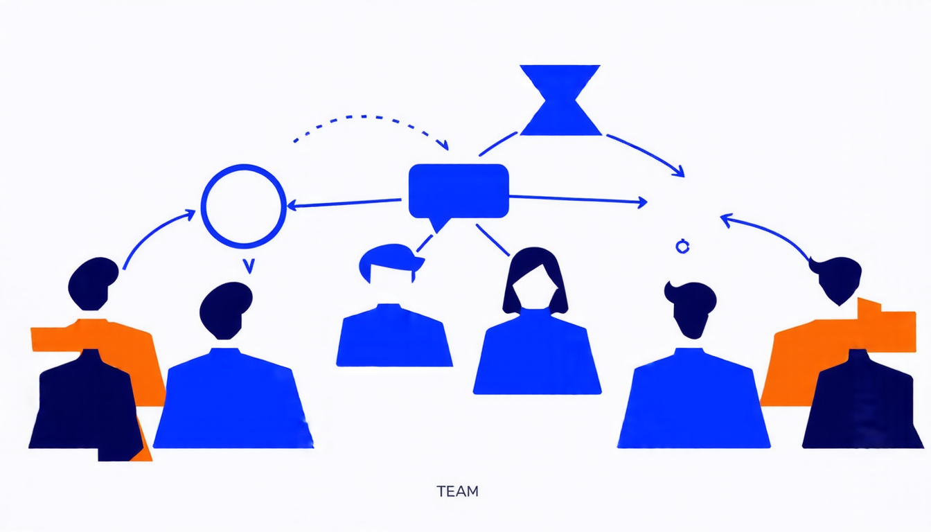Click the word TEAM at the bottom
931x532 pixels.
[457, 491]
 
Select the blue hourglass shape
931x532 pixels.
[560, 100]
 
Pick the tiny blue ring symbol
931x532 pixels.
[682, 245]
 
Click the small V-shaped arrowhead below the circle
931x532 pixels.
[248, 265]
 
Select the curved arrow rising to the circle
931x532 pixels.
[156, 236]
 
